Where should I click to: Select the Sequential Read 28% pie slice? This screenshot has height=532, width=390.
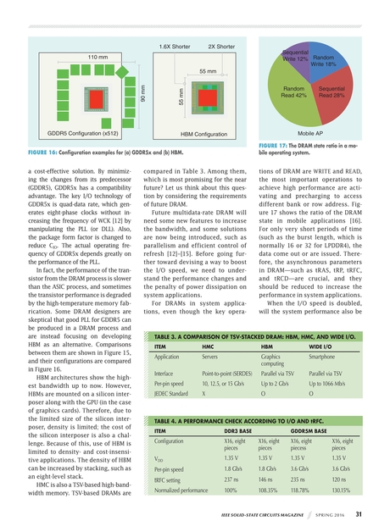[x=337, y=94]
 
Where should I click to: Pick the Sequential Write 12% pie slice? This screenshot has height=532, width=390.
[x=296, y=57]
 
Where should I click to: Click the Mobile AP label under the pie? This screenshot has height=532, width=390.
[x=318, y=133]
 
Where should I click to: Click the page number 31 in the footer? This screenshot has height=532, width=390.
[x=359, y=513]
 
